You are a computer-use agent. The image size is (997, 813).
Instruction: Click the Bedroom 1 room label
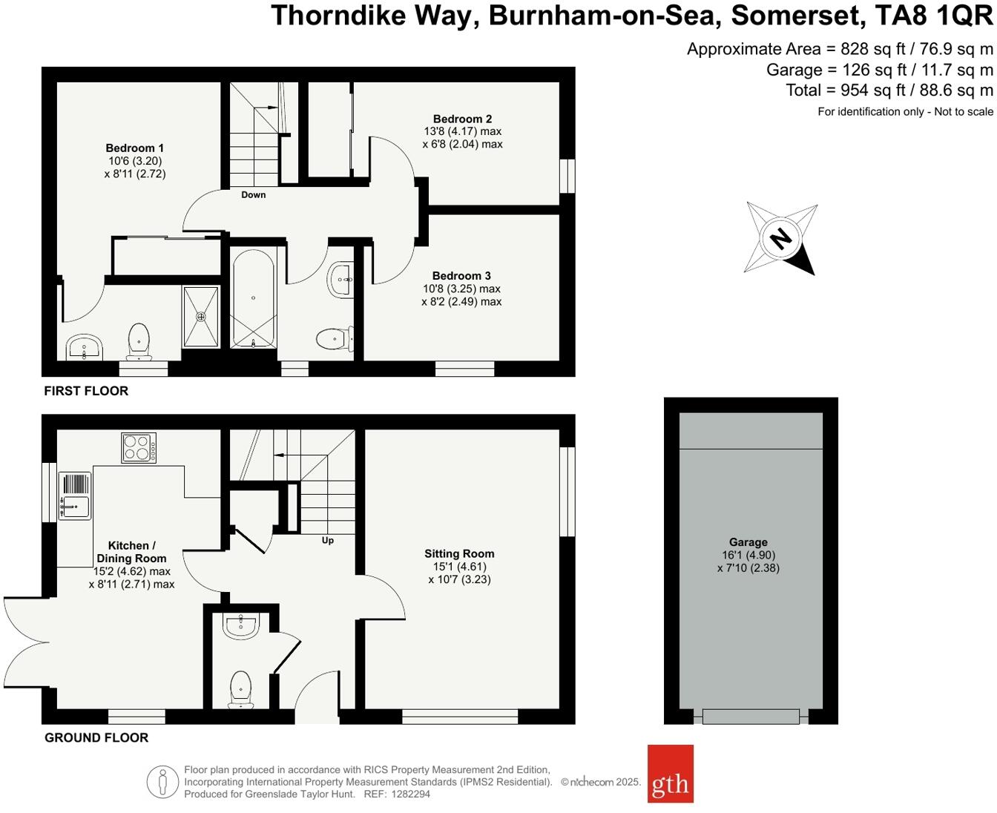coord(134,148)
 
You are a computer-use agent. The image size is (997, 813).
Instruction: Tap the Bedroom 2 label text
coord(462,119)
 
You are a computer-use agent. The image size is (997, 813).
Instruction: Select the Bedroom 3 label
coord(461,276)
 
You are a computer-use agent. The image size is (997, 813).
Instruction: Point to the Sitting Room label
coord(459,553)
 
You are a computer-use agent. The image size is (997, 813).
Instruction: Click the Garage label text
coord(748,542)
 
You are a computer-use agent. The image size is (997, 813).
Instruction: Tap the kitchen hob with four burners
coord(139,448)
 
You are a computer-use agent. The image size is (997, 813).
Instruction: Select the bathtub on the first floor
coord(253,298)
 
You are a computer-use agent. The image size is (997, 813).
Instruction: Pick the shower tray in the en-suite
coord(200,317)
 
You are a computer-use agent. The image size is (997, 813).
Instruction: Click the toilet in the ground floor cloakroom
coord(240,689)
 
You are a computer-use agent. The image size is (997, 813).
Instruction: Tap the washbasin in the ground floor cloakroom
coord(240,626)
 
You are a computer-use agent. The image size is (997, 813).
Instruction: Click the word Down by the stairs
coord(253,195)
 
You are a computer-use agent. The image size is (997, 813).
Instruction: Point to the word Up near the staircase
coord(327,540)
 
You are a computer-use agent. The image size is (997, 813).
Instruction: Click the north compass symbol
coord(780,239)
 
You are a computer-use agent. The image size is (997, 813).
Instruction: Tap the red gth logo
coord(670,774)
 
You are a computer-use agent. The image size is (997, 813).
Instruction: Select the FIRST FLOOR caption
coord(86,391)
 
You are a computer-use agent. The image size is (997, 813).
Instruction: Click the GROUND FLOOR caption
coord(96,737)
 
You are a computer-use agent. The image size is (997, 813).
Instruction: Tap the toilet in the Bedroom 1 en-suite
coord(139,340)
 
